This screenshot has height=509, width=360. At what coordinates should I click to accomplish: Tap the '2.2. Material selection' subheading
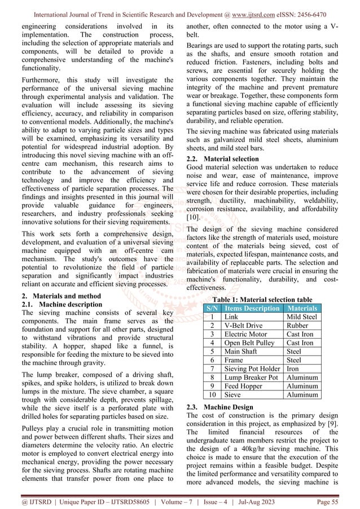pyautogui.click(x=222, y=159)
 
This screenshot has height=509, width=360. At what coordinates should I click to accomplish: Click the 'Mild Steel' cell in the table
pyautogui.click(x=302, y=318)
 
